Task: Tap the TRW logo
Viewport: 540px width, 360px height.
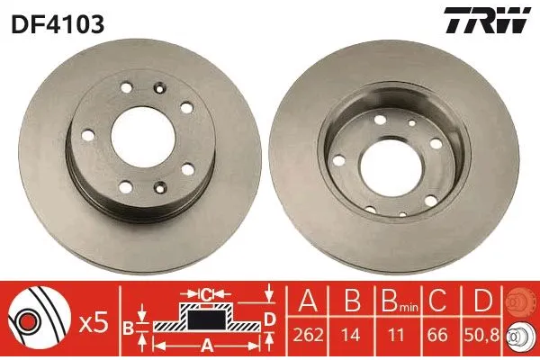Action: pos(487,21)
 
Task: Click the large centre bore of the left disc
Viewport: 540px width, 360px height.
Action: pos(143,137)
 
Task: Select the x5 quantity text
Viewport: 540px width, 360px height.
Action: pos(93,324)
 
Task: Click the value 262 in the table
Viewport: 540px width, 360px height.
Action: pos(309,335)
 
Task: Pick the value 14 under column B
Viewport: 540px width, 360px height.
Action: pos(351,335)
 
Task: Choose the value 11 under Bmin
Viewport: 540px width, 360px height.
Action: pos(395,335)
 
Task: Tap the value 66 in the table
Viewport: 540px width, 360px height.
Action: pos(437,335)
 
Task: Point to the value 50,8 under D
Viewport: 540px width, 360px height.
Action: pos(482,335)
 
